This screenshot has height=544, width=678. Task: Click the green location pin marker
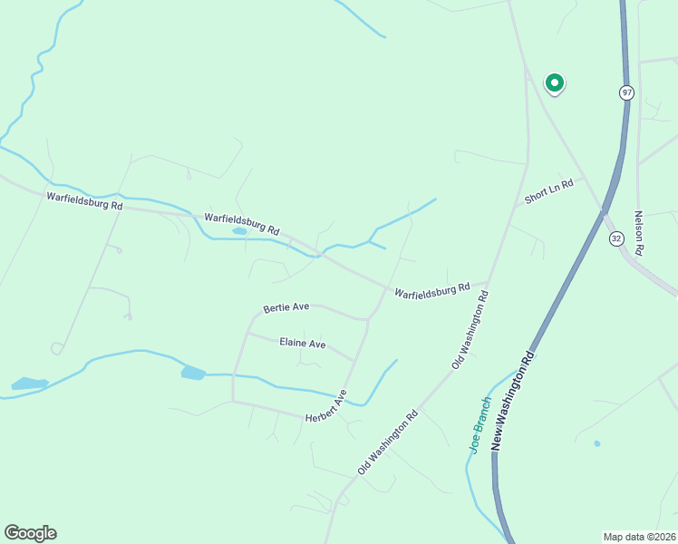(554, 83)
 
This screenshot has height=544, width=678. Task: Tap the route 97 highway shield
(626, 92)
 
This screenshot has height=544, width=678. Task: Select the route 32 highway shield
(616, 238)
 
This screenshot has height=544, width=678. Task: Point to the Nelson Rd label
(639, 232)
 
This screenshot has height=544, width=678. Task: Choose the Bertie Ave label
(286, 307)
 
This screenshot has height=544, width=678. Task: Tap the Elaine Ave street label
(302, 344)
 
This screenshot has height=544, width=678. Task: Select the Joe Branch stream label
(479, 424)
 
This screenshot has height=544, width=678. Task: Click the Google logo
(30, 533)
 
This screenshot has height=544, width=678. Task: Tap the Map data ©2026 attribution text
(640, 536)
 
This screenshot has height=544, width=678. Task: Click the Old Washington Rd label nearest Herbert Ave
(387, 442)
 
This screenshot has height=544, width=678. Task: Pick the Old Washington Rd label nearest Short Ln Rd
(470, 329)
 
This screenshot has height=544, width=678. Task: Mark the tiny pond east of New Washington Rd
(596, 443)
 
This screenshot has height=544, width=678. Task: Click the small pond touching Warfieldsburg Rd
(239, 231)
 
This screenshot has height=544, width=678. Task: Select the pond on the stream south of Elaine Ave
(193, 373)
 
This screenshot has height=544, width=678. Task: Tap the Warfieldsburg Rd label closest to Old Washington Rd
(431, 290)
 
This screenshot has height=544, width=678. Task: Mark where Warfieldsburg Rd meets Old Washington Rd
(489, 282)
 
